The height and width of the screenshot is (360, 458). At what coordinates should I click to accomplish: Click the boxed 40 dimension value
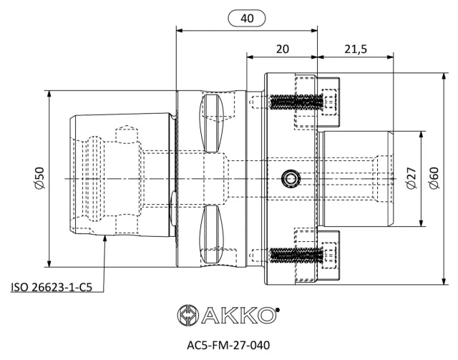(x=247, y=19)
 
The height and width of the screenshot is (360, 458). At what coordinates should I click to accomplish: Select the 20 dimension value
(x=282, y=49)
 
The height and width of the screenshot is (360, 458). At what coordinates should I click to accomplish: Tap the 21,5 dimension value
(x=356, y=49)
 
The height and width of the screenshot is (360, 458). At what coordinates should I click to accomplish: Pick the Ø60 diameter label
(x=434, y=178)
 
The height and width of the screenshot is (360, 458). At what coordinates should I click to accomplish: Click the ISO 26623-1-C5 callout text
(x=52, y=287)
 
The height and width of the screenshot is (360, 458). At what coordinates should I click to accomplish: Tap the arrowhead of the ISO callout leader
(x=104, y=238)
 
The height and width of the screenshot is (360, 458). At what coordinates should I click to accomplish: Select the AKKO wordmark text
(x=238, y=315)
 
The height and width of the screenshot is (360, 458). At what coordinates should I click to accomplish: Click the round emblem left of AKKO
(x=188, y=315)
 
